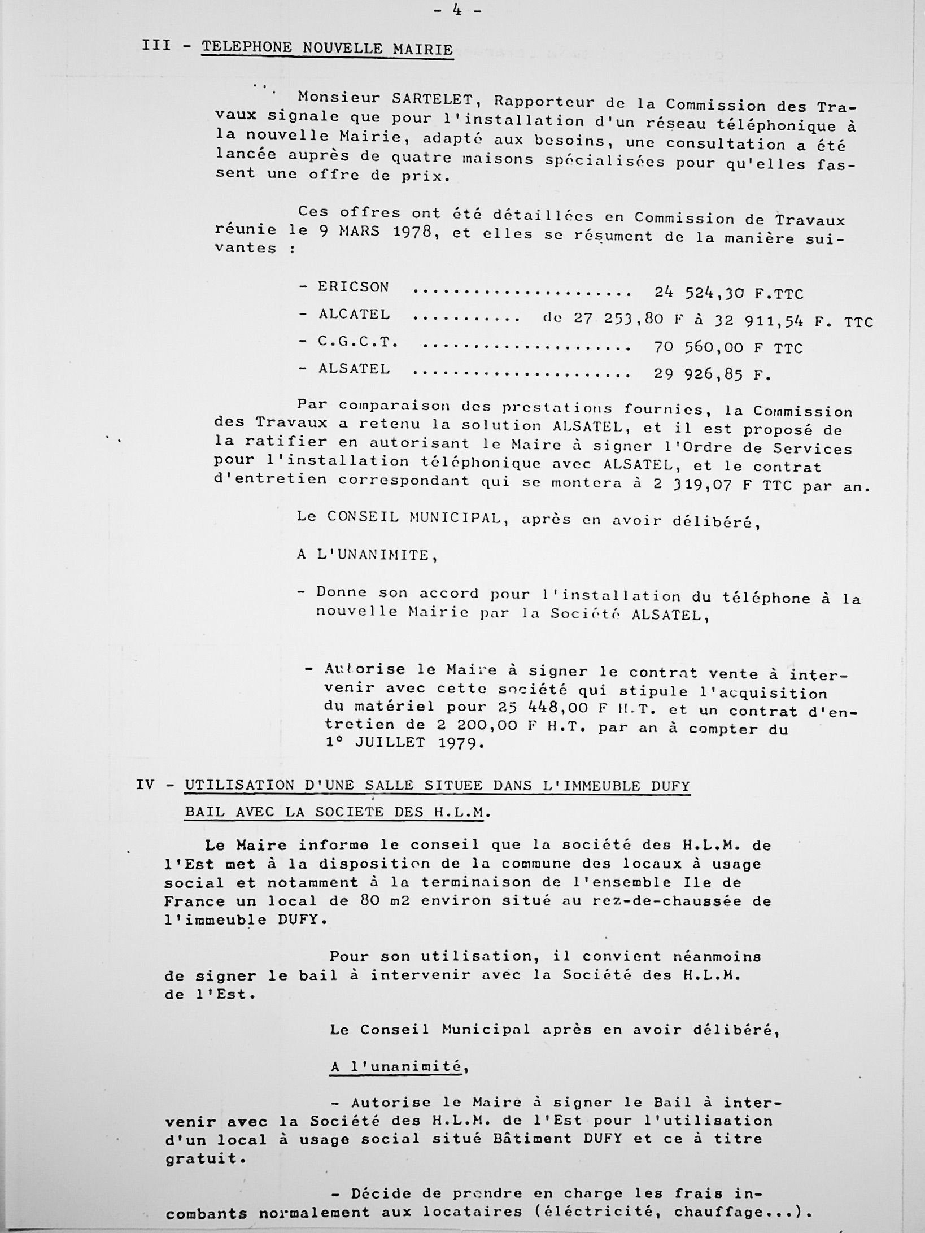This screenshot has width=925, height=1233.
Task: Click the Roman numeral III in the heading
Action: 156,45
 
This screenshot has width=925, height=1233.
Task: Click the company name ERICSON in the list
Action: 354,287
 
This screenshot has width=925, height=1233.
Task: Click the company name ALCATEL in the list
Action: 354,314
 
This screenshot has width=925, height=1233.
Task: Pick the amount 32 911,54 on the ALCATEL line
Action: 759,321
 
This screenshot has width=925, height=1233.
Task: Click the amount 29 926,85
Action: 699,374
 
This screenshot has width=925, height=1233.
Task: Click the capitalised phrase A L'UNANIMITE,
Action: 368,555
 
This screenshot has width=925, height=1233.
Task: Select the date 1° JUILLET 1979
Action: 405,743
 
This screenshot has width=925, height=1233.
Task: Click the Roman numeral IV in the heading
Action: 145,785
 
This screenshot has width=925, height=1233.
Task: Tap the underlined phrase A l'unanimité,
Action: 399,1066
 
